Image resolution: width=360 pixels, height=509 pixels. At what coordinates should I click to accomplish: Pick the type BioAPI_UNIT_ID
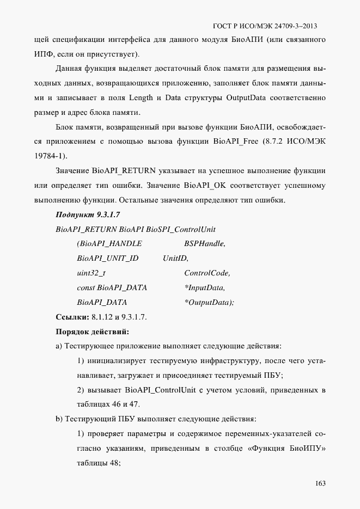click(108, 259)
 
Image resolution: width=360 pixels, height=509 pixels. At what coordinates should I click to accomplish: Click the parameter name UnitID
click(175, 259)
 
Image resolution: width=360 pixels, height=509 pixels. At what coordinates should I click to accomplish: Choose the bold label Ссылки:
click(72, 317)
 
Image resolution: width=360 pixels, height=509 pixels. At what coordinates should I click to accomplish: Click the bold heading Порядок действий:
click(92, 331)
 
